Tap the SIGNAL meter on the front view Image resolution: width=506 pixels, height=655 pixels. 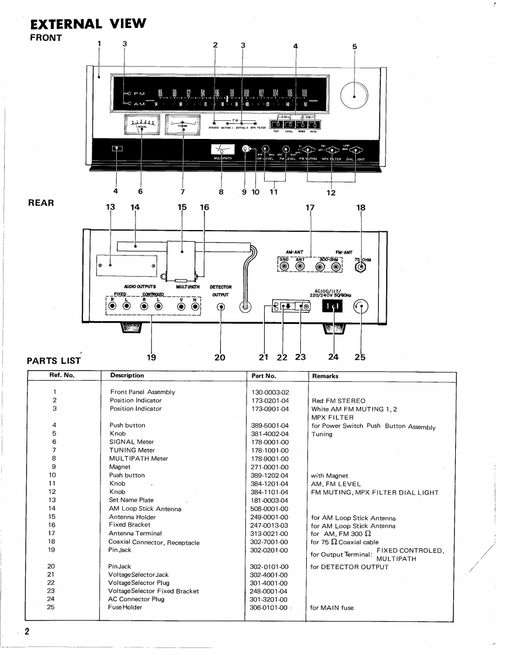(142, 125)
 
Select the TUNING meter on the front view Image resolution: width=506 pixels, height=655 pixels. (182, 125)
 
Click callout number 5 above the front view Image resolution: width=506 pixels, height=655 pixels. (354, 47)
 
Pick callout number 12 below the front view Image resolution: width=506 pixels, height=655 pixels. (331, 194)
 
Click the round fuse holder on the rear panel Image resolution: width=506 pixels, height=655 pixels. (362, 309)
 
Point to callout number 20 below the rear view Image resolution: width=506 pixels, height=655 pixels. (220, 358)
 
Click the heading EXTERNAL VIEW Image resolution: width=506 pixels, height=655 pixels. (87, 25)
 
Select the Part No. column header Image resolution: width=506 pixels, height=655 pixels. (264, 375)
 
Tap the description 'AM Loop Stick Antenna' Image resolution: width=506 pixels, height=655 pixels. (145, 508)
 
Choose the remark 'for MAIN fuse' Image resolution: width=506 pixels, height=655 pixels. (332, 608)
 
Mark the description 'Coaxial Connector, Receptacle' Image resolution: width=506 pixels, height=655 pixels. (154, 542)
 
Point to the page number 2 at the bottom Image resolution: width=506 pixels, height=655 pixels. (27, 632)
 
